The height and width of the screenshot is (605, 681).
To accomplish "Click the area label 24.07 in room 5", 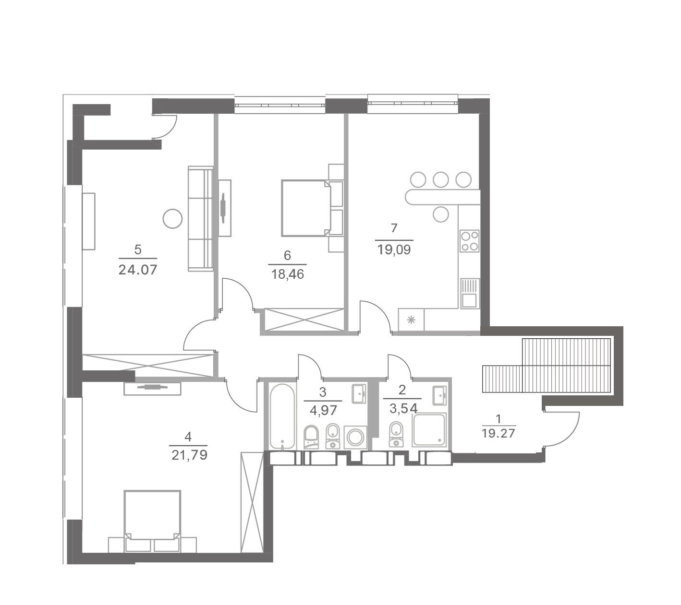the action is click(137, 270).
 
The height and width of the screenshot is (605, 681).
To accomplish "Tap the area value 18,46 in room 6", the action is click(287, 274).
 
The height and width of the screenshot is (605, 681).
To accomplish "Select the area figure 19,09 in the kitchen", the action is click(394, 250).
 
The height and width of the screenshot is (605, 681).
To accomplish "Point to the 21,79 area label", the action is click(189, 455).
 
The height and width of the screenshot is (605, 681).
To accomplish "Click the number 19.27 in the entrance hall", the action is click(498, 433).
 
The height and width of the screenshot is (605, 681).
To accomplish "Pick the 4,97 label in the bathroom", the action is click(323, 410).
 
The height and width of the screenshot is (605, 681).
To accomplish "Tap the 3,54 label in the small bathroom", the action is click(403, 408).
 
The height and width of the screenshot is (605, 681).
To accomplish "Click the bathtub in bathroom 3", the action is click(282, 416).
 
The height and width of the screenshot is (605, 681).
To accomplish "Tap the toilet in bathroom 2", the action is click(396, 435).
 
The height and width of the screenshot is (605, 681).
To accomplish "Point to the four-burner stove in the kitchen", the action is click(469, 241).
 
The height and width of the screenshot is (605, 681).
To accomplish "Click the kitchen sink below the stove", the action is click(469, 294).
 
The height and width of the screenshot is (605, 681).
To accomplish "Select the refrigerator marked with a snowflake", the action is click(411, 320).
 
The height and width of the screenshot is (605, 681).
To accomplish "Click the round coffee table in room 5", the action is click(172, 219).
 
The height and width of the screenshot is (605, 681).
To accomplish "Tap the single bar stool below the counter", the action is click(441, 214).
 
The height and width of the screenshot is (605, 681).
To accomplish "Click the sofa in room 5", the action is click(201, 218).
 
